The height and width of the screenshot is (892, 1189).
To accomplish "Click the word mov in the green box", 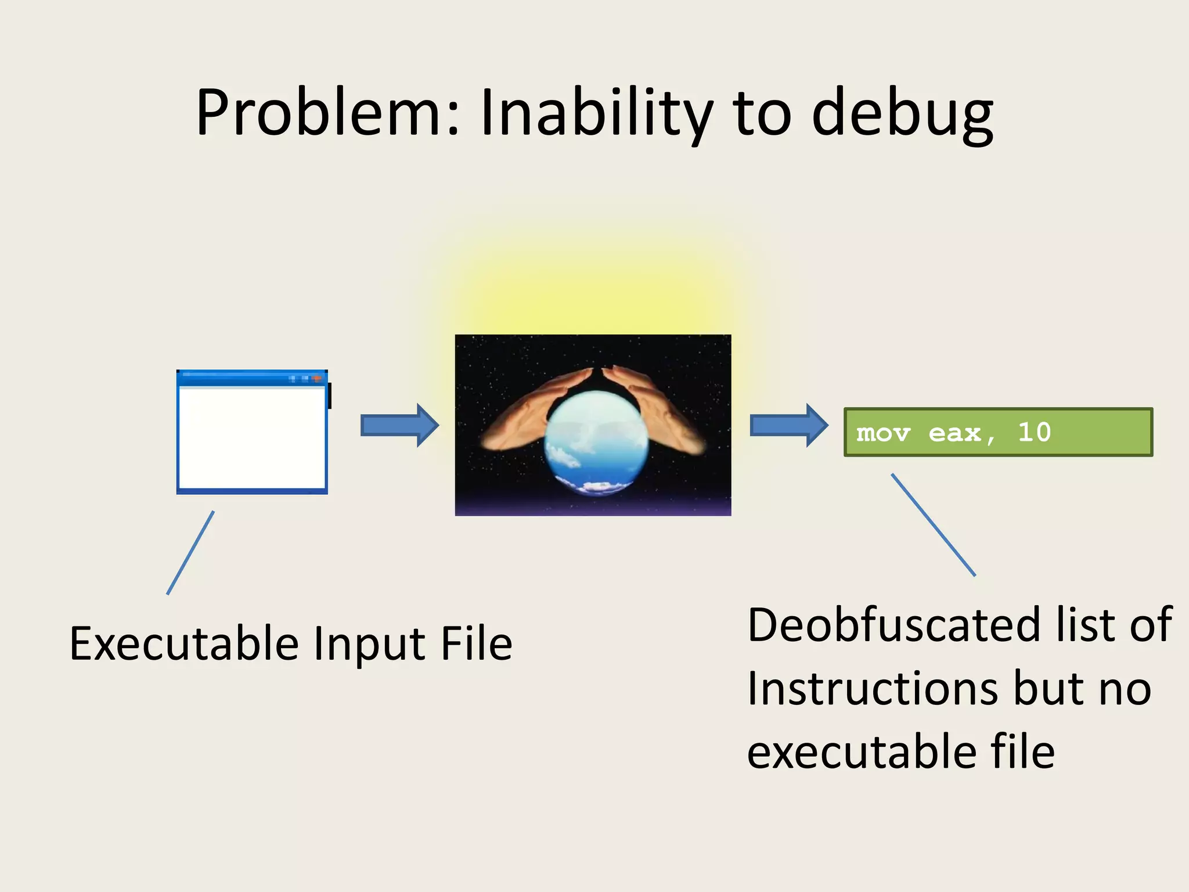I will (882, 433).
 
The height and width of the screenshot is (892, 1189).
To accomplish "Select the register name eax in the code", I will (955, 433).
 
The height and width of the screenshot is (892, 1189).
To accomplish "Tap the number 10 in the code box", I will (1034, 432).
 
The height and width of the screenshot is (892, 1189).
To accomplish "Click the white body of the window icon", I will (252, 438).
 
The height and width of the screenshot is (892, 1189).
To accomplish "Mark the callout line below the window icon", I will (190, 553).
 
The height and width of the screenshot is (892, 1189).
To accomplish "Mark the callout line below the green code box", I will (933, 525).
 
